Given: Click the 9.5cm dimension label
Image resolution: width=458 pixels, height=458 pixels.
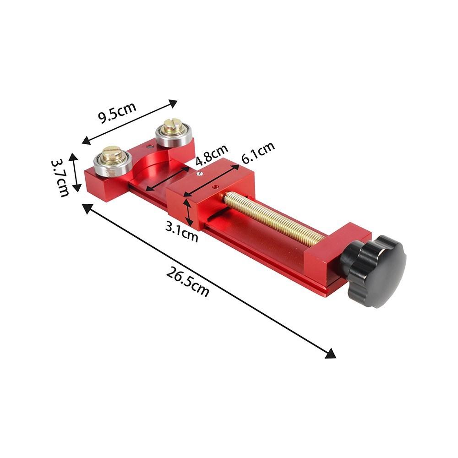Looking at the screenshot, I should pyautogui.click(x=117, y=113).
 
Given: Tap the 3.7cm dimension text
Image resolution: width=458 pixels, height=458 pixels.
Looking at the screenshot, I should pyautogui.click(x=60, y=178).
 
